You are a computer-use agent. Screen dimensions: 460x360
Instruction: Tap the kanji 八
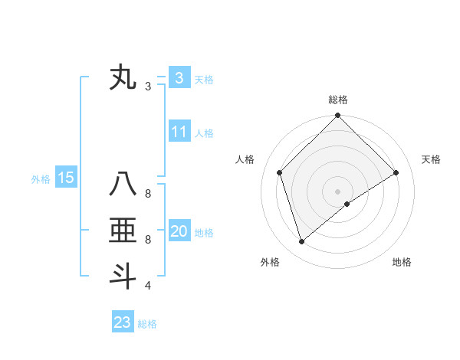(x=123, y=185)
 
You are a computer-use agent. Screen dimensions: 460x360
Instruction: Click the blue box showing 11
(x=179, y=132)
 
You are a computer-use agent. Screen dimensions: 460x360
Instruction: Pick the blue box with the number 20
(x=179, y=231)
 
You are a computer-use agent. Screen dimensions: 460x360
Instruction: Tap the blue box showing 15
(x=66, y=178)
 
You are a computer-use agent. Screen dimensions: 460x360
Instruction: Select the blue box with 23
(x=123, y=322)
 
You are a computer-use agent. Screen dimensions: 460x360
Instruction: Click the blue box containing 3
(x=179, y=77)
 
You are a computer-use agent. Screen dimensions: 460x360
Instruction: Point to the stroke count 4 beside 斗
(x=148, y=286)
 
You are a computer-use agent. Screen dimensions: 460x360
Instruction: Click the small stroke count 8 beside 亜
(x=148, y=240)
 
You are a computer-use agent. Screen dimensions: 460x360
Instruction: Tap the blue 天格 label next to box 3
(x=204, y=79)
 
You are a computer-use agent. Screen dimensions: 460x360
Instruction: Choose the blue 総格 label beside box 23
(x=147, y=324)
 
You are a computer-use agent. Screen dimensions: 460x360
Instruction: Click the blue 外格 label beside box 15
(x=41, y=179)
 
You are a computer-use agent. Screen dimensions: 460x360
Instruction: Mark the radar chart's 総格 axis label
(x=337, y=100)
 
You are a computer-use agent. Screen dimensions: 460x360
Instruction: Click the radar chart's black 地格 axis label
(x=402, y=262)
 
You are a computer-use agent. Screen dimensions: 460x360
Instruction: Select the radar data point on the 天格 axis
(x=396, y=172)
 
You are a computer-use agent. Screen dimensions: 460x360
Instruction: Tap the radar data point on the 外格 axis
(x=302, y=242)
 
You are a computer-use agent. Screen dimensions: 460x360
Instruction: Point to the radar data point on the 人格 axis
(x=280, y=172)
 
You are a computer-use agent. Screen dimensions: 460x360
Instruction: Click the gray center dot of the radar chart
(x=337, y=191)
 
